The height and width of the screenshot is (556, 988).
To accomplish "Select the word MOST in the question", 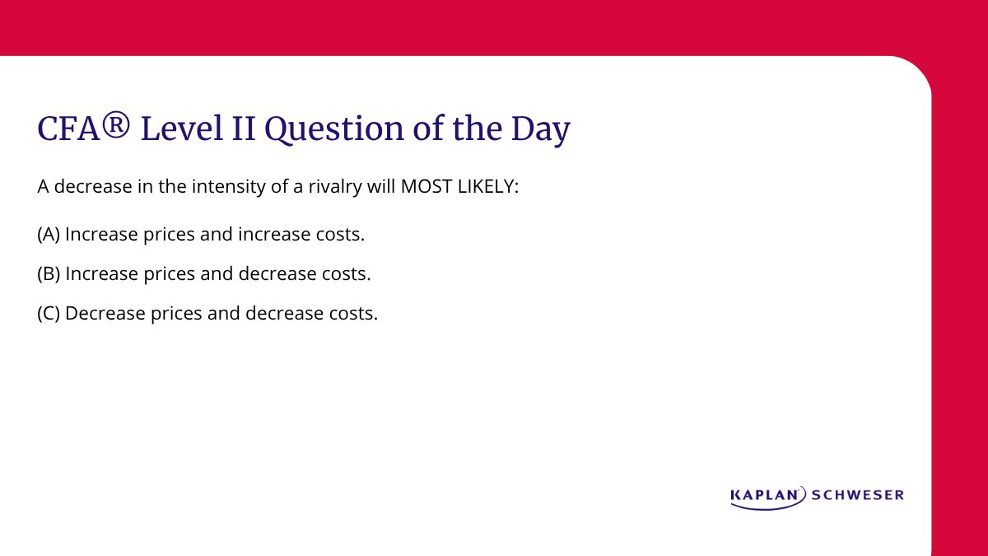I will click(x=422, y=187).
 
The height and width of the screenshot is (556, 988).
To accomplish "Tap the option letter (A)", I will click(x=49, y=235).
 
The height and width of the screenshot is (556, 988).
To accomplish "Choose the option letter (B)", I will click(x=49, y=274).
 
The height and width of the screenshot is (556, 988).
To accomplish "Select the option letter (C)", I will click(x=49, y=314).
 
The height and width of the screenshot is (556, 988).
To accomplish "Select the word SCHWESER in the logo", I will click(x=858, y=495).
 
